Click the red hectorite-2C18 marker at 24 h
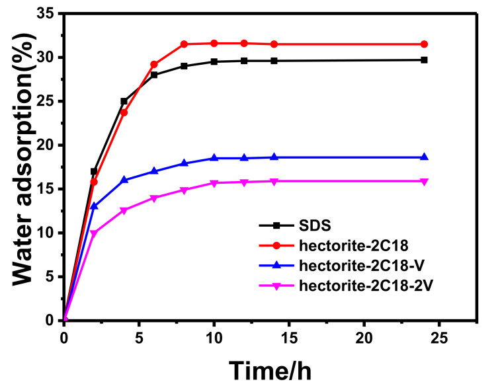[424, 44]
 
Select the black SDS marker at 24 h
[424, 60]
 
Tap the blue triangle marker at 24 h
[424, 157]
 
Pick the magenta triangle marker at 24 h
[424, 181]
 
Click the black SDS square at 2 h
[94, 171]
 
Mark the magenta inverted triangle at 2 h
[94, 233]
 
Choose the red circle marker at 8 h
[184, 44]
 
